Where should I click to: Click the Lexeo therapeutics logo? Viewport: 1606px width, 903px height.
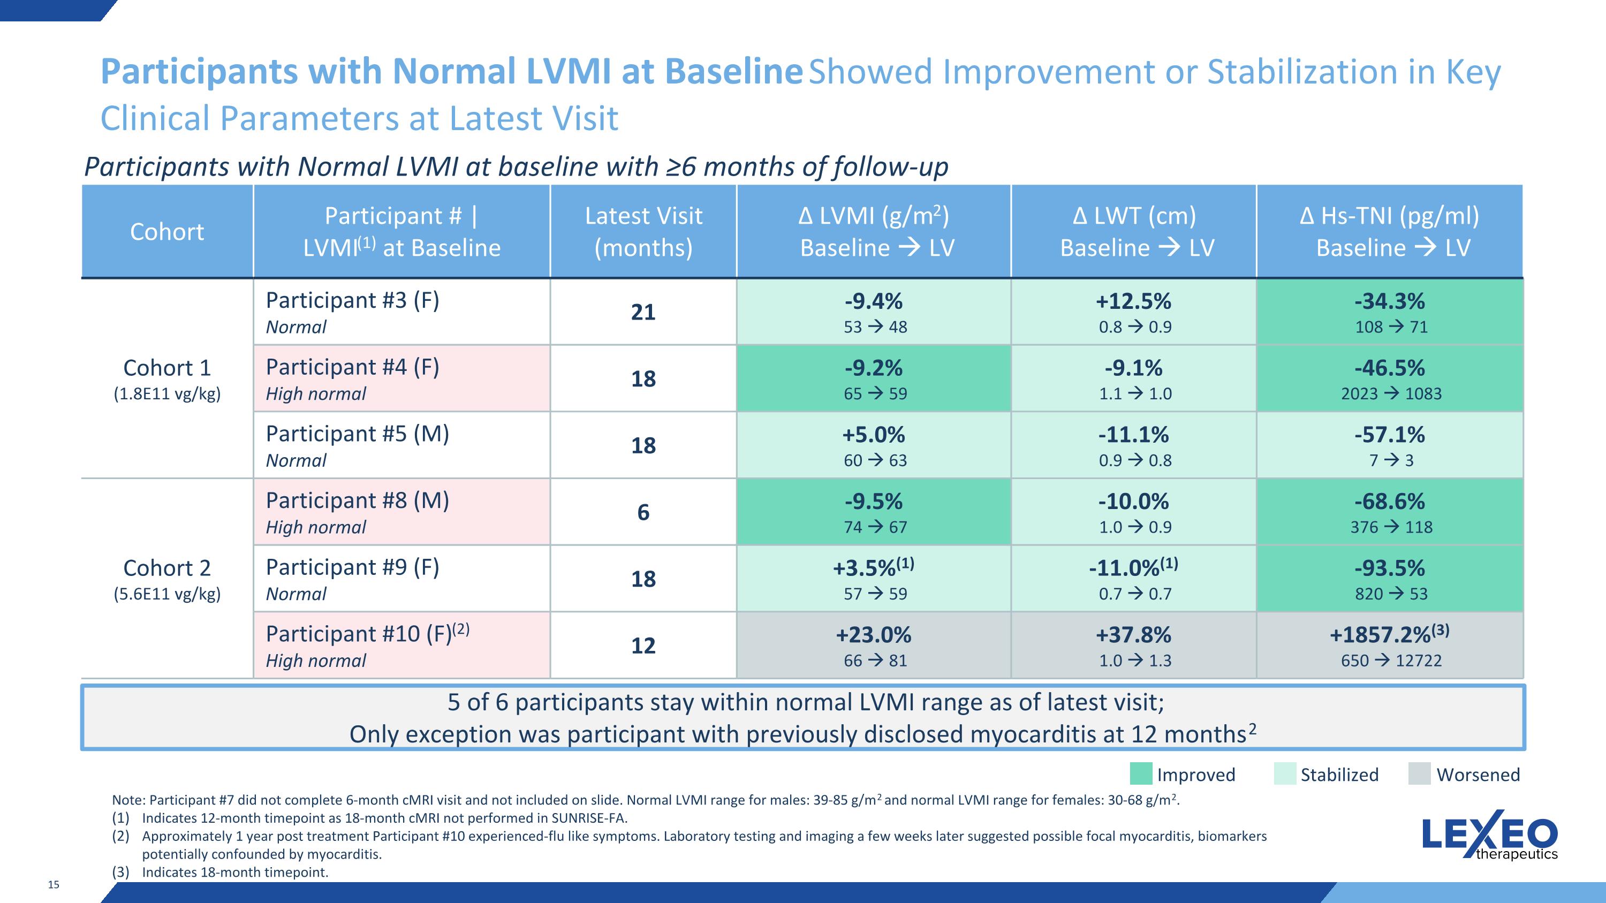(x=1489, y=835)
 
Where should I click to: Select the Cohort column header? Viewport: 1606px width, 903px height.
(x=167, y=232)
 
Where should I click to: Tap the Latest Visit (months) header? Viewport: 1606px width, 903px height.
(x=643, y=232)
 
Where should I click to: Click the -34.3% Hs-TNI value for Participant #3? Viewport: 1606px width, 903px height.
(x=1390, y=301)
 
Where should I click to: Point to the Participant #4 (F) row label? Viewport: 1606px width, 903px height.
(x=352, y=367)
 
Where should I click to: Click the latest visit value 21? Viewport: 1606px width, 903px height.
(x=643, y=312)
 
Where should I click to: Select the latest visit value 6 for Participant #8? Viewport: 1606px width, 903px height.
(x=643, y=512)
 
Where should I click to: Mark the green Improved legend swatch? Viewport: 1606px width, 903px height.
(x=1141, y=774)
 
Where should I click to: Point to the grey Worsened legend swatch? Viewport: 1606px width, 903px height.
(x=1420, y=774)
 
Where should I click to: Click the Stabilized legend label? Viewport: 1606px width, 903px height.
(x=1339, y=775)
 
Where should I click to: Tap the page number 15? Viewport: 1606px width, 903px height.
(x=54, y=884)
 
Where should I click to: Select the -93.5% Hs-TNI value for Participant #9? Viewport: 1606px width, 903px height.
(x=1390, y=568)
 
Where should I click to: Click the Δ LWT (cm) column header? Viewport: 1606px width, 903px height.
(x=1134, y=216)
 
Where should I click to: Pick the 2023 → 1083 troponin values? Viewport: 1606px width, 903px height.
(x=1391, y=394)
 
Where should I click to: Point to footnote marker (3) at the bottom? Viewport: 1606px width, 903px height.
(x=120, y=872)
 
